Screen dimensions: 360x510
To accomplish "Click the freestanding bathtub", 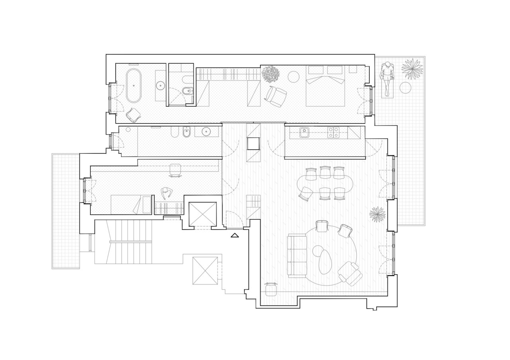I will [133, 86].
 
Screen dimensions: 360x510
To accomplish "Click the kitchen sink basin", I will [305, 132].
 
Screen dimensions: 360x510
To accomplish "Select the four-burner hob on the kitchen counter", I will [333, 132].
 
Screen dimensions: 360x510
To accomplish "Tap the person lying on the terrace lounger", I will [386, 78].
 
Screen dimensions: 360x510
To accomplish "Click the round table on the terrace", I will [405, 88].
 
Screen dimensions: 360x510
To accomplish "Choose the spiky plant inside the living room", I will [377, 215].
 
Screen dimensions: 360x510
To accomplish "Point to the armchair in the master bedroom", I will [275, 96].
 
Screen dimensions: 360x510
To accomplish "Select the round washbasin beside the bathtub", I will [161, 85].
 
